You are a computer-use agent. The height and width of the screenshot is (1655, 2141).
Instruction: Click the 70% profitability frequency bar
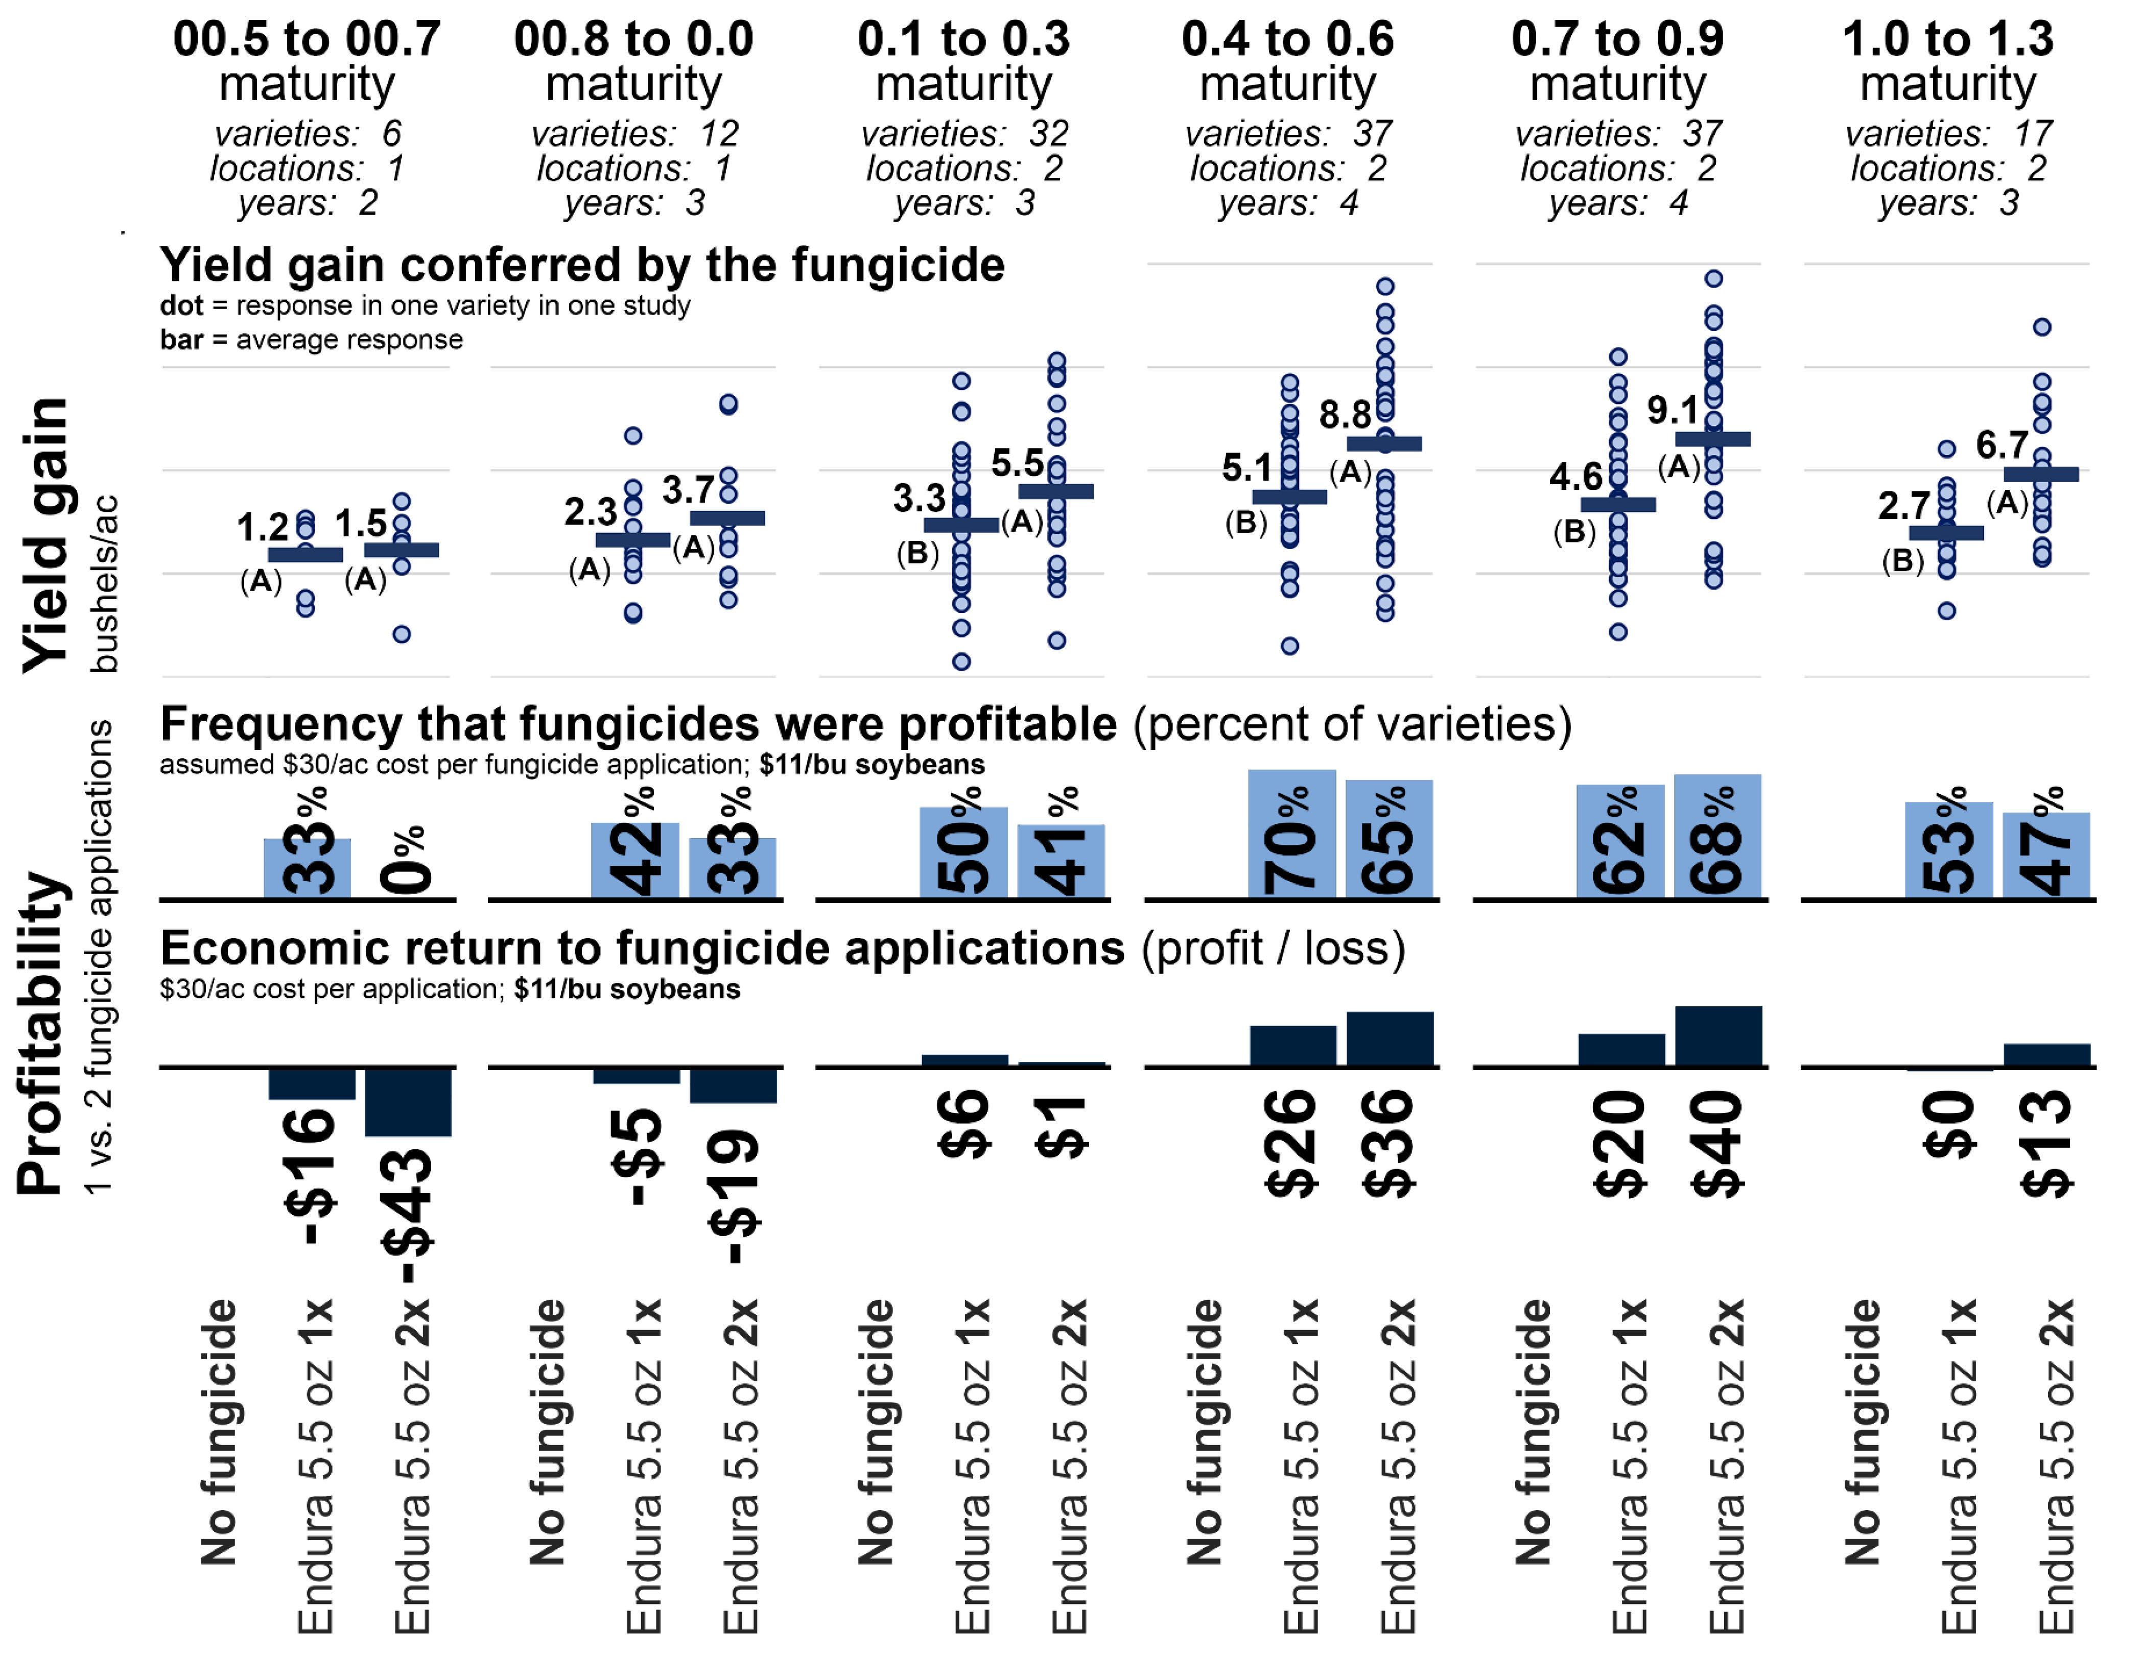click(1291, 834)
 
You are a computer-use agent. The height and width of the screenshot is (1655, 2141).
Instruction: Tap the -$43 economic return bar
click(408, 1102)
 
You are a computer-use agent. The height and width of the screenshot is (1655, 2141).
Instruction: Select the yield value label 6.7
click(2001, 445)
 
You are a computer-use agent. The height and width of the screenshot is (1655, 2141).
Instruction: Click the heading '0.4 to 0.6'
click(1287, 39)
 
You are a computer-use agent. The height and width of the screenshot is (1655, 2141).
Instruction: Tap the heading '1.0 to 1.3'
click(1947, 39)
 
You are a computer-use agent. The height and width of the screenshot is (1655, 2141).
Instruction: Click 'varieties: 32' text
click(963, 133)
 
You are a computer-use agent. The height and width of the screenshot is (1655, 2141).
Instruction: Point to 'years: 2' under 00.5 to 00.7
click(307, 203)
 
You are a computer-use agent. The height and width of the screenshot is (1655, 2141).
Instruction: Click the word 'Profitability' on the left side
click(42, 1032)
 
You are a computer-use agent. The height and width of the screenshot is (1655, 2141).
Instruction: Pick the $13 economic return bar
click(2046, 1055)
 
